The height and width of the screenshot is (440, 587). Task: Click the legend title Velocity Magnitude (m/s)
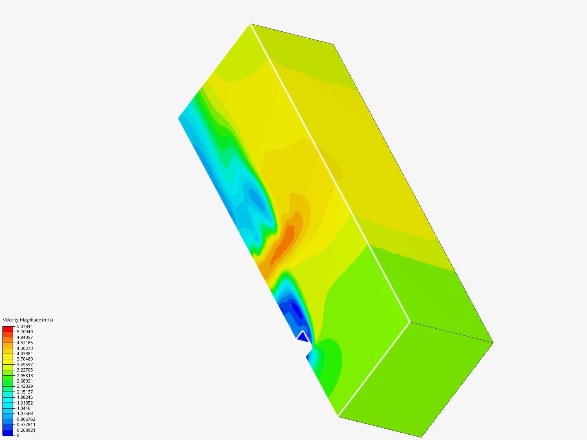tap(28, 320)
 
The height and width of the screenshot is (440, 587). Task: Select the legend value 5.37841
tap(25, 326)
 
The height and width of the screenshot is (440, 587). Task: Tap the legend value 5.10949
tap(25, 332)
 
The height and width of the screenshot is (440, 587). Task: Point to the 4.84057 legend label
tap(25, 337)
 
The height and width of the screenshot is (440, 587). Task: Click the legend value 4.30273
tap(25, 348)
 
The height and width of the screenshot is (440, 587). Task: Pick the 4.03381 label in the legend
tap(25, 354)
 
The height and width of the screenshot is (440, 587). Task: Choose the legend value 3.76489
tap(25, 359)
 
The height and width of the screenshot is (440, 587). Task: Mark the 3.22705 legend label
tap(25, 370)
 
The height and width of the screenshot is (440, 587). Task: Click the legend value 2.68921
tap(25, 381)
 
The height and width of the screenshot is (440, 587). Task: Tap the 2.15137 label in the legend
tap(25, 392)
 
